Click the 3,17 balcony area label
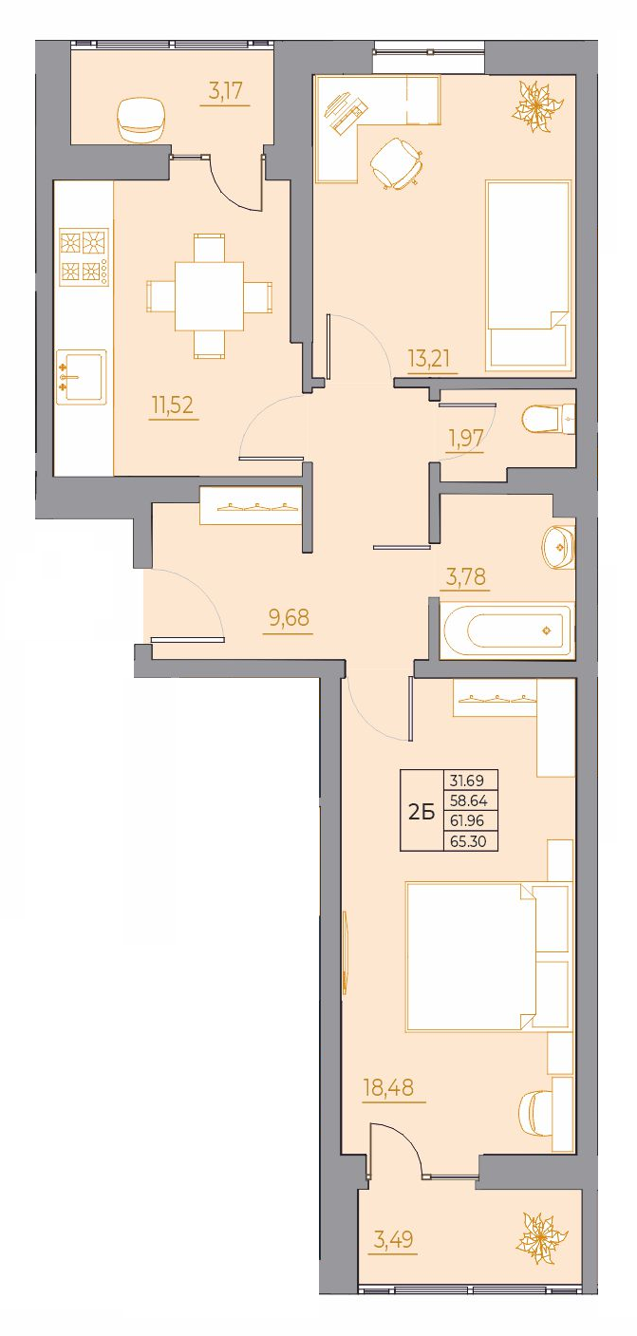(225, 92)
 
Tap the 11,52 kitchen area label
(173, 405)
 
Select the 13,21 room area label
(429, 359)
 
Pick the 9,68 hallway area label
(289, 617)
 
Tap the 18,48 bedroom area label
(388, 1086)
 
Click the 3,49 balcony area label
(392, 1239)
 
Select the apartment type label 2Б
(422, 813)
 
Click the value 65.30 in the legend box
(469, 841)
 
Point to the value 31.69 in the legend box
(468, 780)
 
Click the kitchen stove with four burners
(84, 257)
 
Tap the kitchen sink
(82, 378)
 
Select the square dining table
(210, 296)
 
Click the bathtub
(508, 630)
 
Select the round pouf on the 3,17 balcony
(142, 120)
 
